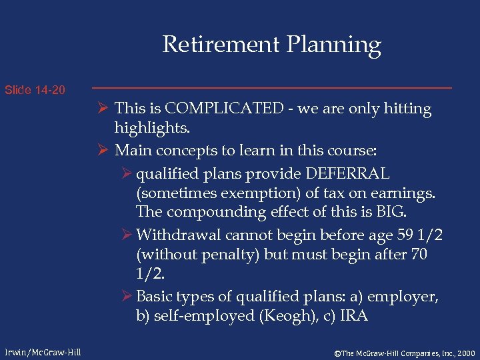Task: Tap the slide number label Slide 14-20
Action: (x=35, y=89)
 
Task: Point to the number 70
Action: (x=419, y=254)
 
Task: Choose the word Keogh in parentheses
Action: (x=279, y=315)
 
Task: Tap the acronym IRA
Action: (x=353, y=315)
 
